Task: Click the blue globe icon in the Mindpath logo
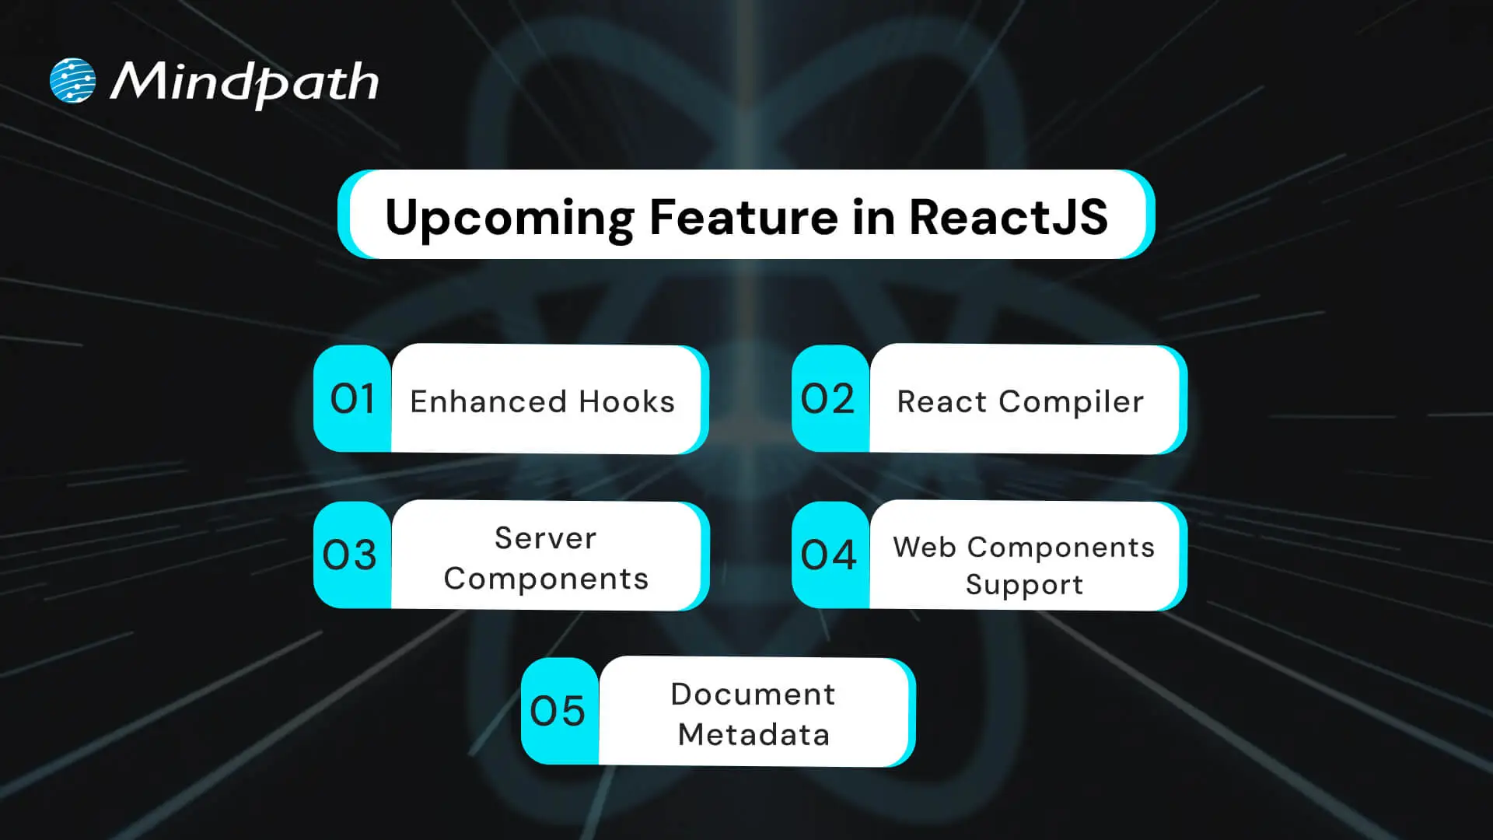click(72, 81)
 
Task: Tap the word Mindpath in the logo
click(244, 82)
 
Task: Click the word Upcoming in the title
click(509, 217)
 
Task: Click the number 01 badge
click(352, 399)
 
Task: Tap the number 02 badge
click(828, 399)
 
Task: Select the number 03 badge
click(350, 555)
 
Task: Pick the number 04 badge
click(829, 555)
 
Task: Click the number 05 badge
click(558, 711)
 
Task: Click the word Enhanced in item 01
click(488, 401)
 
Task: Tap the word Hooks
click(627, 401)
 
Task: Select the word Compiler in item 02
click(1071, 401)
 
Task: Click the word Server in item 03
click(546, 537)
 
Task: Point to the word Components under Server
click(546, 579)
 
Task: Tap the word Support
click(1024, 585)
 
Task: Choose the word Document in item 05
click(753, 694)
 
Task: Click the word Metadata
click(753, 734)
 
